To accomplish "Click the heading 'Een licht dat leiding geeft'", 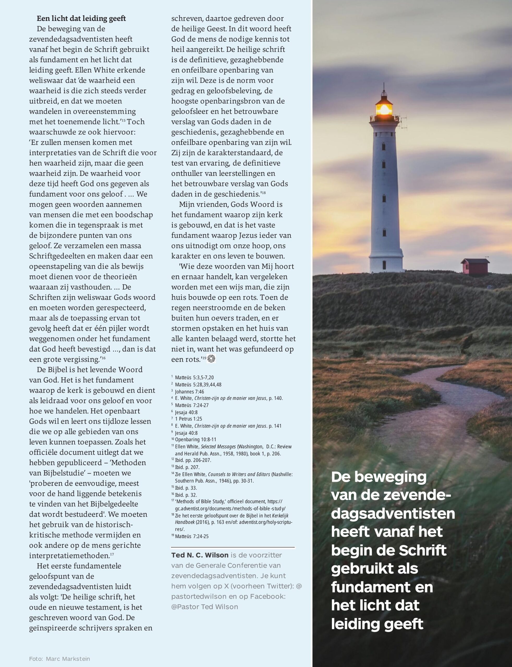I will click(81, 18).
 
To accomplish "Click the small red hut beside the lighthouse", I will click(475, 267).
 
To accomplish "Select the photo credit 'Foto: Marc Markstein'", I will click(59, 659).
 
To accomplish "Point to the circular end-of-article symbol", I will click(211, 359).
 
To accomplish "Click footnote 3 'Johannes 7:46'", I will click(189, 391).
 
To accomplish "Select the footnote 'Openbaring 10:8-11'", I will click(195, 439).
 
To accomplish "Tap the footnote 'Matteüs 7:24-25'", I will click(192, 536).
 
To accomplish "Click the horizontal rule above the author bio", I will click(233, 547).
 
